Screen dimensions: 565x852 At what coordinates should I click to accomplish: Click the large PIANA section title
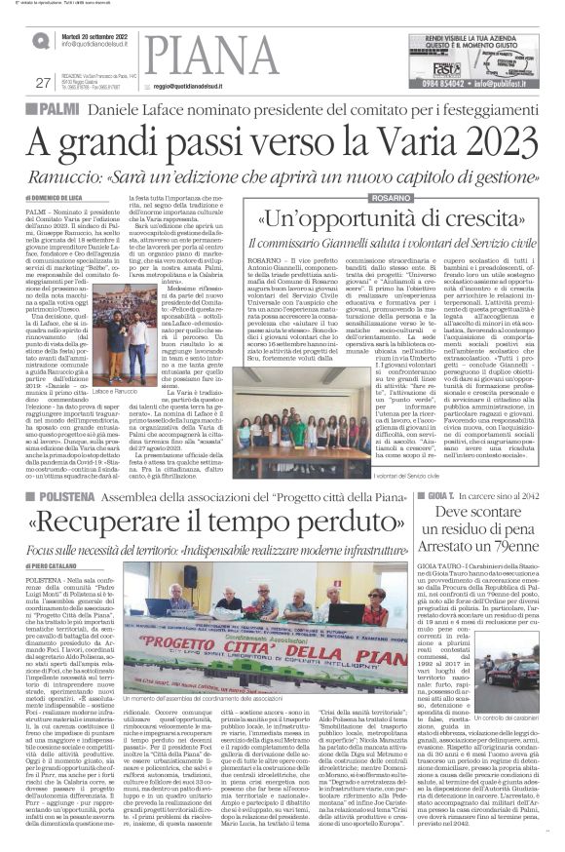[x=208, y=53]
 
